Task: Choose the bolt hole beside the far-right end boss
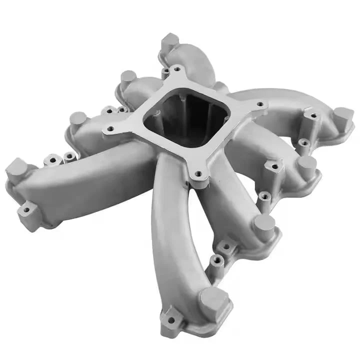[x=313, y=116]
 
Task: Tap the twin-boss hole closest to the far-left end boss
[x=52, y=160]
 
